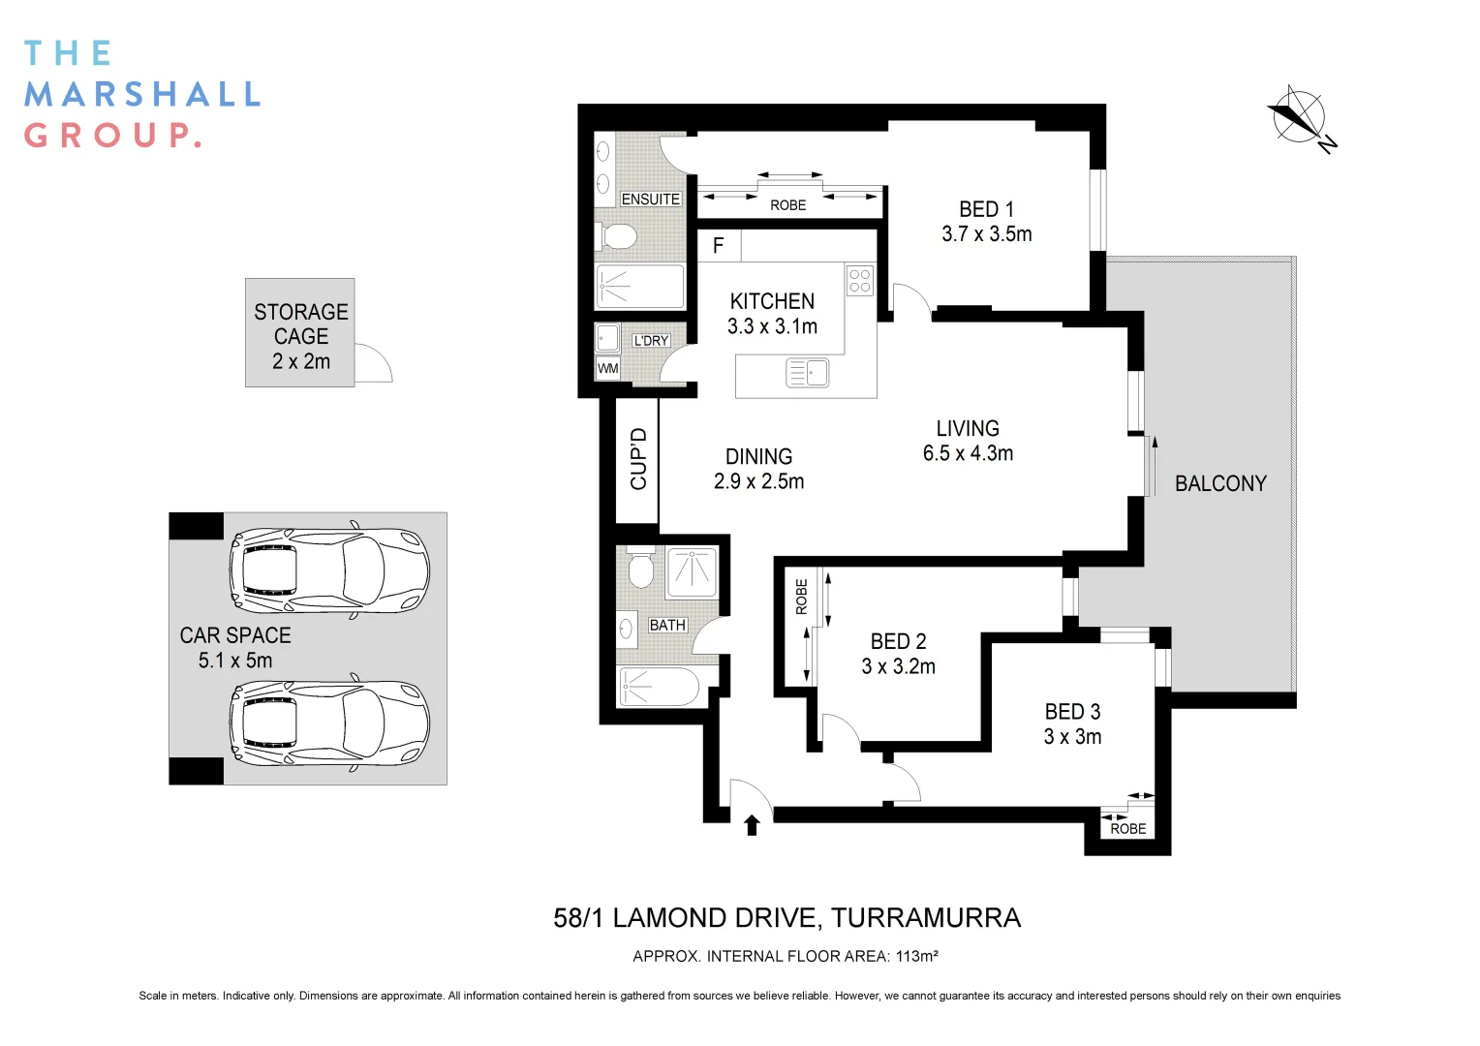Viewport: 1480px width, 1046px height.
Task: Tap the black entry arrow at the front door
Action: pos(752,824)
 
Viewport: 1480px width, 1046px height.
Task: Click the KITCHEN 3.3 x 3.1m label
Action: pos(772,314)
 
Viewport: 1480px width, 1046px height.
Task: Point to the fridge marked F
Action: pos(719,246)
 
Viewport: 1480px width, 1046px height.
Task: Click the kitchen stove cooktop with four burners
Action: pos(860,281)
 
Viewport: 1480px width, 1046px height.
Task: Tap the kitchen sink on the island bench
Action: pos(807,372)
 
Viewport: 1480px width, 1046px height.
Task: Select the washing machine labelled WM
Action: pos(607,368)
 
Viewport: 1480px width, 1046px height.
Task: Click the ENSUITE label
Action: pos(650,200)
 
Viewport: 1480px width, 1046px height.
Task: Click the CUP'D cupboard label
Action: pos(638,459)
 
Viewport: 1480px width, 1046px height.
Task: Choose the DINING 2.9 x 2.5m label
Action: pos(758,469)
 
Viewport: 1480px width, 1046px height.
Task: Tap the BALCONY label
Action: pos(1220,483)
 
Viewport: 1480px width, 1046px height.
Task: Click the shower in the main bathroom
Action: pos(692,571)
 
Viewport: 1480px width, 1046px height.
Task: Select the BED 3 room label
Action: pos(1072,724)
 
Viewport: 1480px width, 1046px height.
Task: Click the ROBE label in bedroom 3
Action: pos(1127,829)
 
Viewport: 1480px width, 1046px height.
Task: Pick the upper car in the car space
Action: pos(329,570)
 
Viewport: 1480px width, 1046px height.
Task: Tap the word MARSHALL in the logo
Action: pos(142,95)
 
